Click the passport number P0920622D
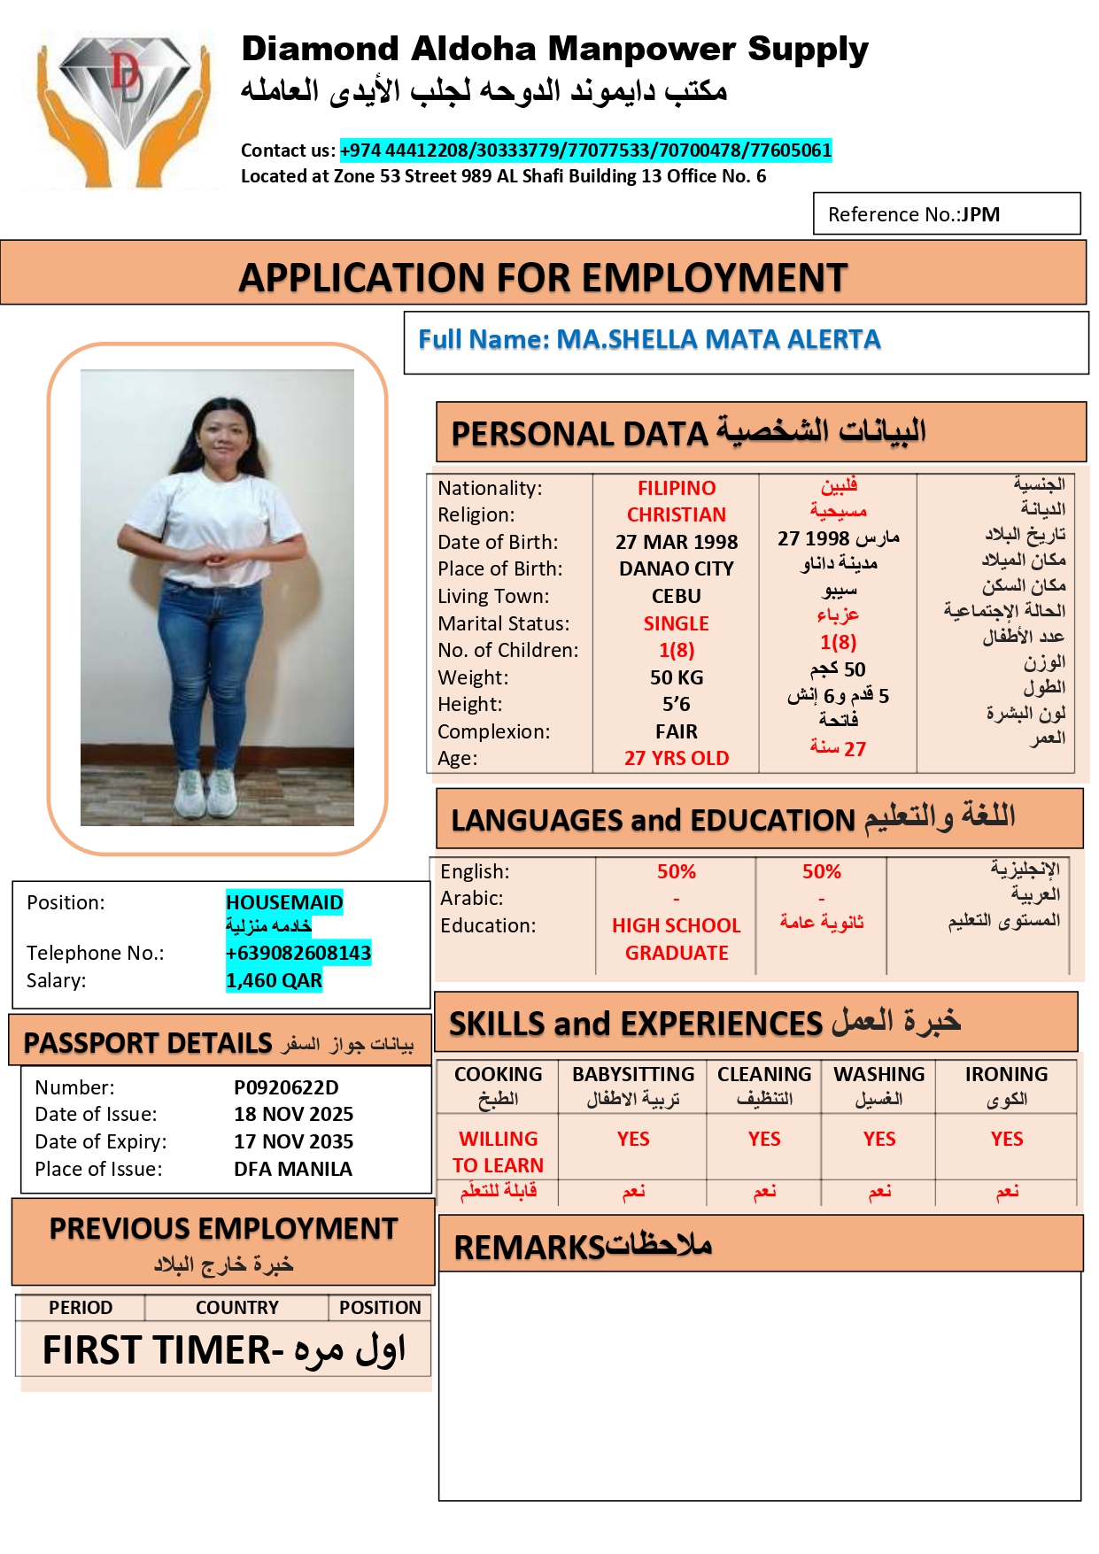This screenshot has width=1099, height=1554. pyautogui.click(x=286, y=1087)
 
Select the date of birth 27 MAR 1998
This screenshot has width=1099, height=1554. pyautogui.click(x=677, y=542)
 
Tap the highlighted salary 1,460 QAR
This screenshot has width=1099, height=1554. pyautogui.click(x=274, y=980)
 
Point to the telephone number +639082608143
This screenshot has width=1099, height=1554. pyautogui.click(x=298, y=953)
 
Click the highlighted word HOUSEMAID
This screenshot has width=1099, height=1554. pyautogui.click(x=284, y=902)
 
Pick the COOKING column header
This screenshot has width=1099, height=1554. pyautogui.click(x=498, y=1075)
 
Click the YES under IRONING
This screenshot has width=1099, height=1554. pyautogui.click(x=1007, y=1139)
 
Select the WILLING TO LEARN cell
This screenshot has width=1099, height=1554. pyautogui.click(x=498, y=1152)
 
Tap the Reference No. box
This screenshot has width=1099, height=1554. pyautogui.click(x=946, y=214)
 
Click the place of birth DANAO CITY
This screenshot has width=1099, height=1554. pyautogui.click(x=677, y=568)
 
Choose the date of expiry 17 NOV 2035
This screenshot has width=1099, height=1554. pyautogui.click(x=293, y=1141)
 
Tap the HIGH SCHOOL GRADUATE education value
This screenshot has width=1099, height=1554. pyautogui.click(x=677, y=939)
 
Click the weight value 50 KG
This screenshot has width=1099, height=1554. pyautogui.click(x=677, y=677)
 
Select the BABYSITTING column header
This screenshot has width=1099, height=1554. pyautogui.click(x=633, y=1075)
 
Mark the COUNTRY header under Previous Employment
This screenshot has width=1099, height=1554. pyautogui.click(x=236, y=1308)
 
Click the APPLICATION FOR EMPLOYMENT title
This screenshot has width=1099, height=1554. pyautogui.click(x=543, y=278)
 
